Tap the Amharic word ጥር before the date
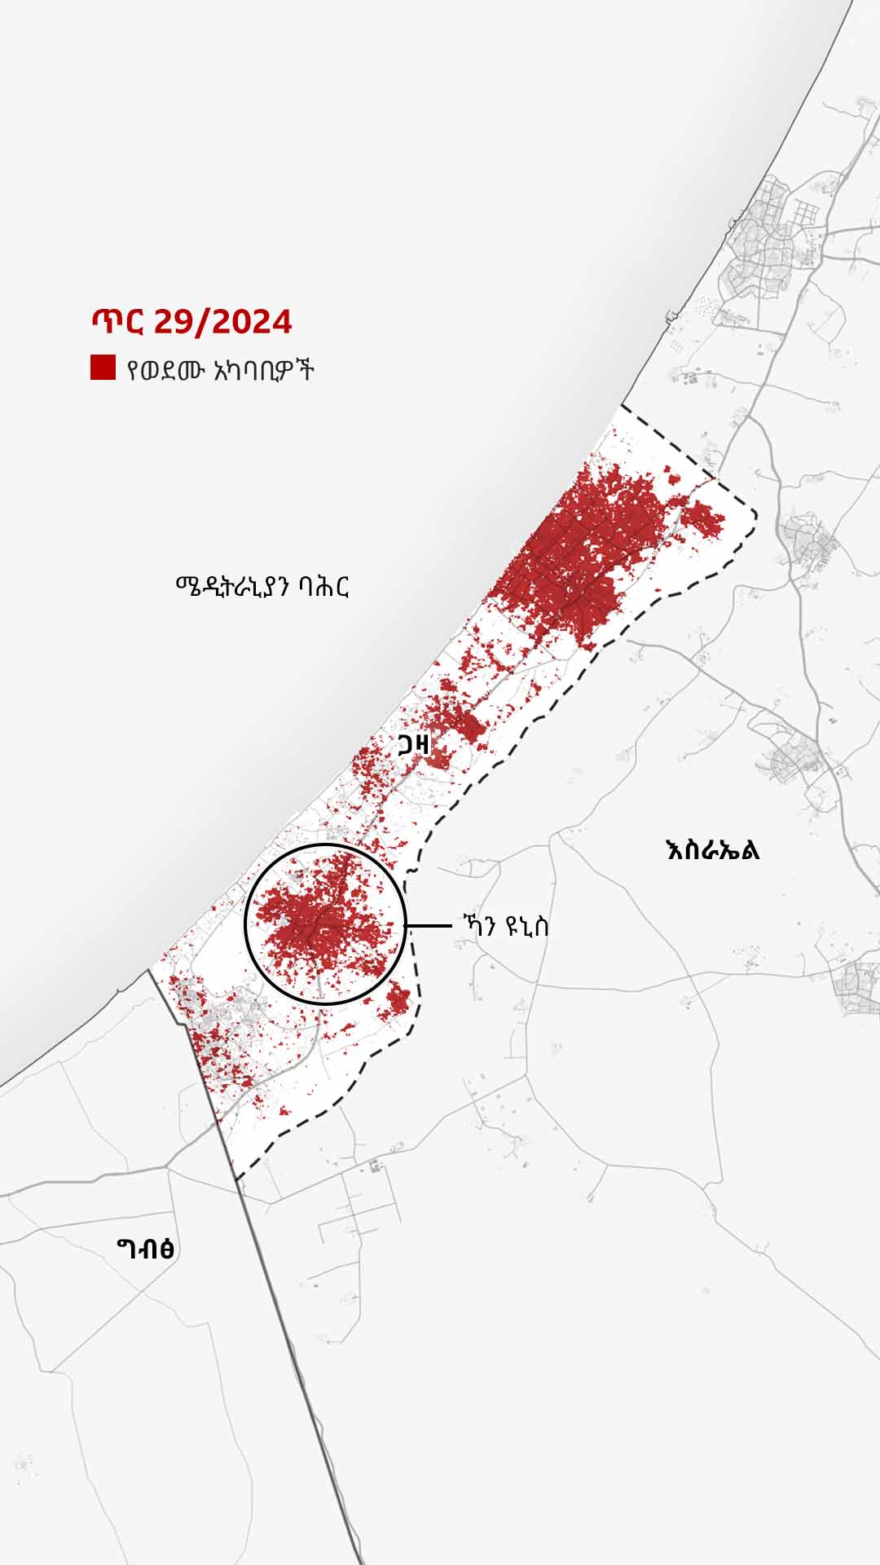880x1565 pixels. coord(117,322)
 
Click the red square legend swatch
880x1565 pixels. coord(103,368)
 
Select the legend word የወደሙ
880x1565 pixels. coord(163,371)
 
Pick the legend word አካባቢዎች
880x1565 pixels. coord(262,371)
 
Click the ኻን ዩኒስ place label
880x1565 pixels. coord(504,926)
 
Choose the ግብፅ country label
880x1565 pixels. coord(145,1248)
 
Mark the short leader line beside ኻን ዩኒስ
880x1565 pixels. coord(429,926)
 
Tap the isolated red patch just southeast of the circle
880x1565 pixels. coord(398,999)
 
